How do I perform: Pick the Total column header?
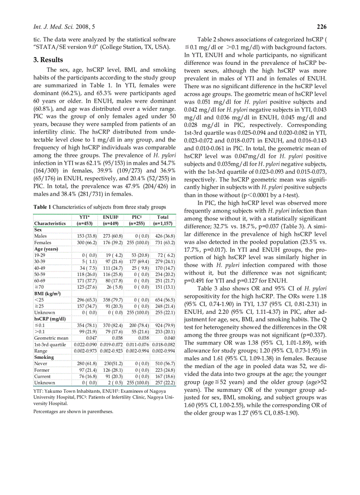pyautogui.click(x=163, y=217)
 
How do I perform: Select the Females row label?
pyautogui.click(x=43, y=242)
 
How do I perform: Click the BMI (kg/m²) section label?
pyautogui.click(x=47, y=293)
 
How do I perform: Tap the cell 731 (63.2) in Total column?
pyautogui.click(x=163, y=242)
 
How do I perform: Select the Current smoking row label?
pyautogui.click(x=42, y=376)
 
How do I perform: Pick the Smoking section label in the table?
pyautogui.click(x=44, y=357)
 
